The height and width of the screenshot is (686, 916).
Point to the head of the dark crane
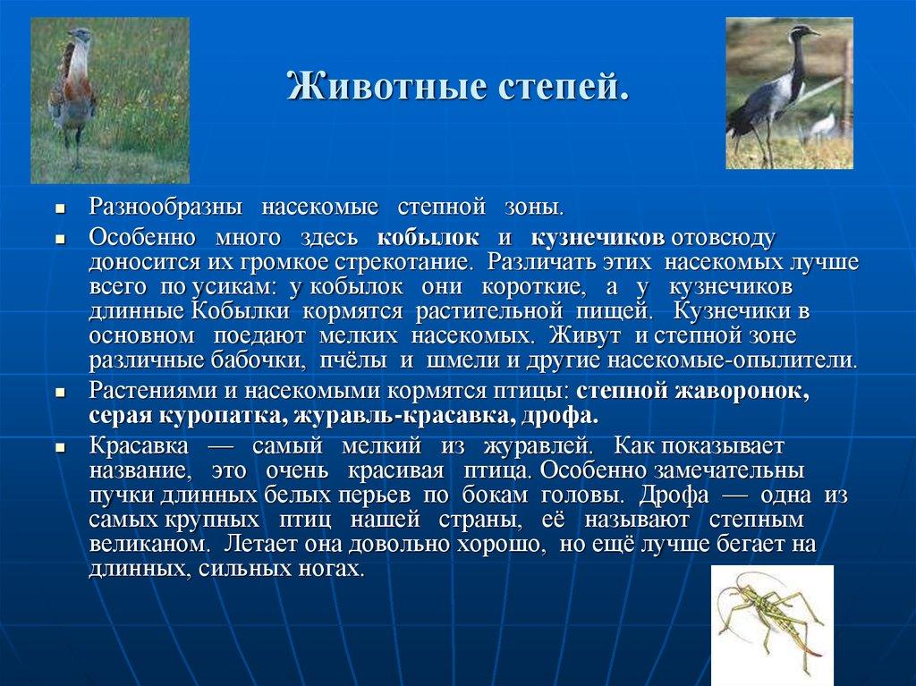799,35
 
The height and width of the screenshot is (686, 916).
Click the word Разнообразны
165,207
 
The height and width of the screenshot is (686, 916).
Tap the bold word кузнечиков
598,238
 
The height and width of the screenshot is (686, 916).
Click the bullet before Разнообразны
60,208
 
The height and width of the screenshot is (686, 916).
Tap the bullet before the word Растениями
60,393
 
